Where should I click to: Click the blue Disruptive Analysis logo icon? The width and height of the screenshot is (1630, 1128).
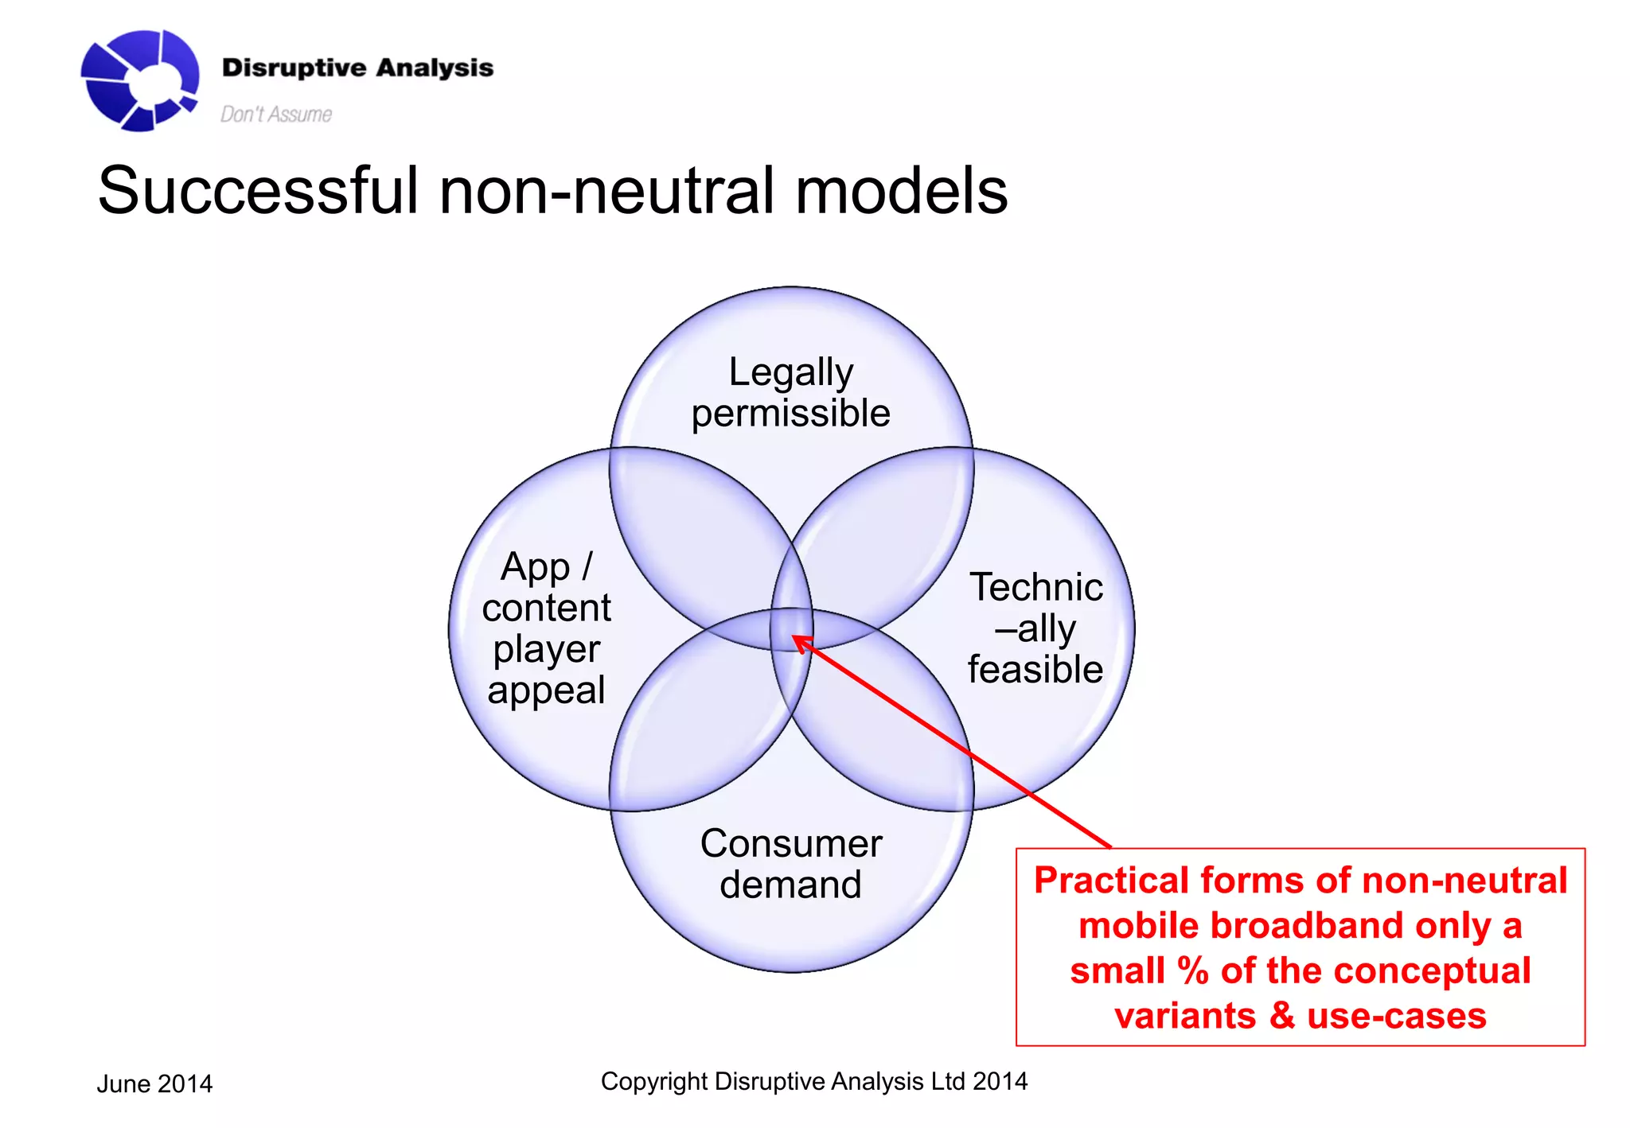coord(139,80)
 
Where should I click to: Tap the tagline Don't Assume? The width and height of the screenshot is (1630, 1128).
coord(275,115)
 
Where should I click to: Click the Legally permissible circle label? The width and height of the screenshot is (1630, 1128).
coord(790,392)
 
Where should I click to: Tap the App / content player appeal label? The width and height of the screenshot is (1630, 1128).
coord(547,628)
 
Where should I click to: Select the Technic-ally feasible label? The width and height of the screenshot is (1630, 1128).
coord(1035,628)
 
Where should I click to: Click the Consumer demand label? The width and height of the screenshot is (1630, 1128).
coord(790,864)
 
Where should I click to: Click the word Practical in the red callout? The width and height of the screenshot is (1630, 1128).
coord(1111,881)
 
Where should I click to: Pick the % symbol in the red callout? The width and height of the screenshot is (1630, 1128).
coord(1193,971)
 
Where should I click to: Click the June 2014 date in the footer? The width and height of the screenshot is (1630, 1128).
coord(154,1083)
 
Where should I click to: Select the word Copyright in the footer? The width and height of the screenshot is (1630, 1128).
coord(654,1081)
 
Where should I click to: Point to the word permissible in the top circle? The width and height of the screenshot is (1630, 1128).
coord(790,414)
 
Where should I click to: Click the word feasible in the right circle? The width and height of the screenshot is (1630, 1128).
coord(1035,669)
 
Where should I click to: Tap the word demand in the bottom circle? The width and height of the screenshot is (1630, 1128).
coord(790,885)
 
